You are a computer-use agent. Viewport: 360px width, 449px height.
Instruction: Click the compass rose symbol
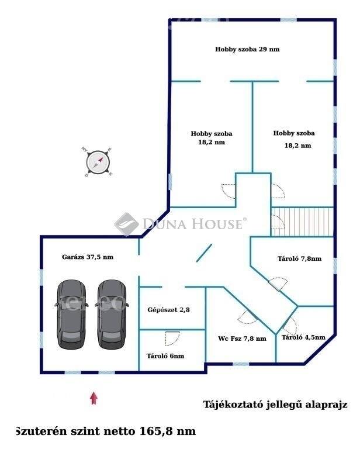(98, 163)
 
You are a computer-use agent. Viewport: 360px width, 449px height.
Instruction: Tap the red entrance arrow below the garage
(94, 398)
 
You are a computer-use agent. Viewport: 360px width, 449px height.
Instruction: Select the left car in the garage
(71, 314)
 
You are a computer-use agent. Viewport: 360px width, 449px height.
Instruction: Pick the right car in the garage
(112, 314)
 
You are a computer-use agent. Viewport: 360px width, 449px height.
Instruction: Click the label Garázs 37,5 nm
(88, 257)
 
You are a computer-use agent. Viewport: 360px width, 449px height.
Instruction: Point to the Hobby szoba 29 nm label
(247, 49)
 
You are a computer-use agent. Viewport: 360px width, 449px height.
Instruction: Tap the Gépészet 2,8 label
(168, 309)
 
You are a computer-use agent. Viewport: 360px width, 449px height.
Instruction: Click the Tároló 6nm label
(165, 356)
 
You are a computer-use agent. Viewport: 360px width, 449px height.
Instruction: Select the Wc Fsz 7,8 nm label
(242, 339)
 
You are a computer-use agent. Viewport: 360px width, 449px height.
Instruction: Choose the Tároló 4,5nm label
(303, 337)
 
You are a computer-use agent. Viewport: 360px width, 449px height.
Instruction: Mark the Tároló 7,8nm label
(299, 258)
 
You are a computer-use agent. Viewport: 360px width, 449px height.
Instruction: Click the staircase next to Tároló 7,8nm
(302, 222)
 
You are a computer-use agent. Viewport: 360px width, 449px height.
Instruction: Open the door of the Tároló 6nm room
(172, 339)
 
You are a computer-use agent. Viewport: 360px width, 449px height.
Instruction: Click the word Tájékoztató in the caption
(233, 405)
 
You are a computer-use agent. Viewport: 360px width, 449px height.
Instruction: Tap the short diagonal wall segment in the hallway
(204, 253)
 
